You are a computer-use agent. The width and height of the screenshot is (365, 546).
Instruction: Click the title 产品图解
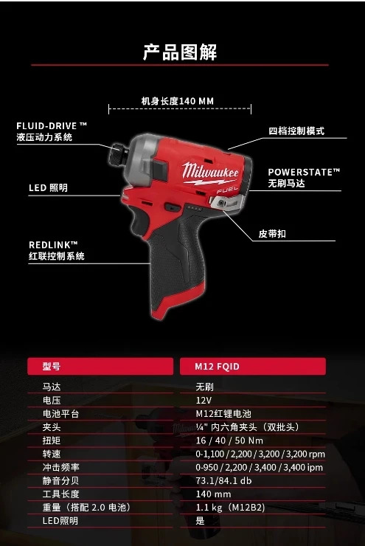tap(180, 52)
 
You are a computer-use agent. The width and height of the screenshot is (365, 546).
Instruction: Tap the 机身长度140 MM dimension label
tap(178, 101)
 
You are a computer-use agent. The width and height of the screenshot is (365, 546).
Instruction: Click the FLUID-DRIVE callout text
tap(52, 131)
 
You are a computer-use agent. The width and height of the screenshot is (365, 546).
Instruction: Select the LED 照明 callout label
tap(48, 187)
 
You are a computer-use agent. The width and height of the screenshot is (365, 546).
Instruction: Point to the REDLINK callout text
tap(56, 250)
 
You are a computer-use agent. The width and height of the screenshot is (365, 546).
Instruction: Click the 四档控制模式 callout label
tap(296, 131)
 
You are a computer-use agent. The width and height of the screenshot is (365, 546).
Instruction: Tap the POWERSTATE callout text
tap(304, 178)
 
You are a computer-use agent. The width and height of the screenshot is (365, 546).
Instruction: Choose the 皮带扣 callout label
tap(272, 234)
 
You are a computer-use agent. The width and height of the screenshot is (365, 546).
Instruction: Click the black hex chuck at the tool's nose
tap(117, 155)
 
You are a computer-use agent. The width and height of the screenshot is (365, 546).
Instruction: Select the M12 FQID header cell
tap(253, 366)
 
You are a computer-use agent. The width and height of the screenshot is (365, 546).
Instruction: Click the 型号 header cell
tap(100, 366)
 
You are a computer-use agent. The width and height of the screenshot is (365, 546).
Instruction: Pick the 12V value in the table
tap(204, 400)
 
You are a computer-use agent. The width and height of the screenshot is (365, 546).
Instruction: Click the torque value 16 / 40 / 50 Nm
tap(229, 440)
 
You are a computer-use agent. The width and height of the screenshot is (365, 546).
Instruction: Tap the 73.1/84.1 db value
tap(223, 481)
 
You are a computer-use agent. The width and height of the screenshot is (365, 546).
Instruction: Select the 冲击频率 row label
tap(61, 467)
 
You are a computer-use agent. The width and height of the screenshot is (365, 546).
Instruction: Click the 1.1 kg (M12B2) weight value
tap(230, 508)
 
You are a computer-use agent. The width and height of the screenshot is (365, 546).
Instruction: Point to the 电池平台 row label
tap(61, 414)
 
